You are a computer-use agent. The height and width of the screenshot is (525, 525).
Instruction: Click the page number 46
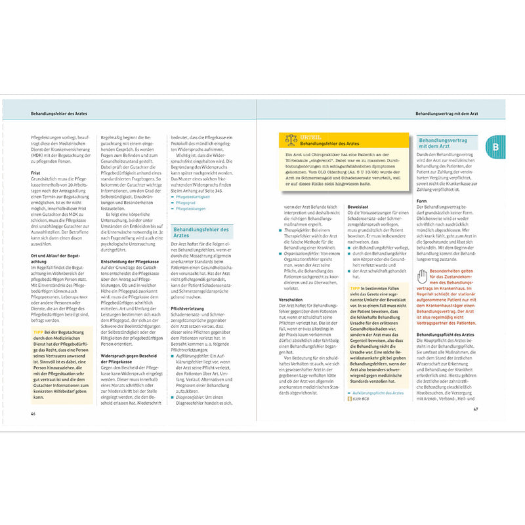tap(33, 413)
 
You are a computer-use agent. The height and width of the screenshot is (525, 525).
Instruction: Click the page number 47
tap(485, 410)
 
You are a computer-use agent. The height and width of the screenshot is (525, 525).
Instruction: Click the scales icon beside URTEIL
tap(291, 139)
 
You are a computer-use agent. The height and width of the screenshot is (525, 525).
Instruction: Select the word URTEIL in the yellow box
tap(310, 136)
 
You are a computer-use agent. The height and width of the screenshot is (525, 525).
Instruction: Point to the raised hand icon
tap(422, 277)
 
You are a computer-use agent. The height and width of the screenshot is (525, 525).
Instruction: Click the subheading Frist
tap(35, 173)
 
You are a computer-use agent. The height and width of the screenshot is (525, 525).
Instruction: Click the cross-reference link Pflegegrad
tap(186, 203)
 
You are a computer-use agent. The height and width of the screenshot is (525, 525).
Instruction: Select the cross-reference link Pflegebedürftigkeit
tap(192, 196)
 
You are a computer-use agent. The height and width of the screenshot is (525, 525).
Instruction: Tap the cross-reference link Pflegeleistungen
tap(190, 210)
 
